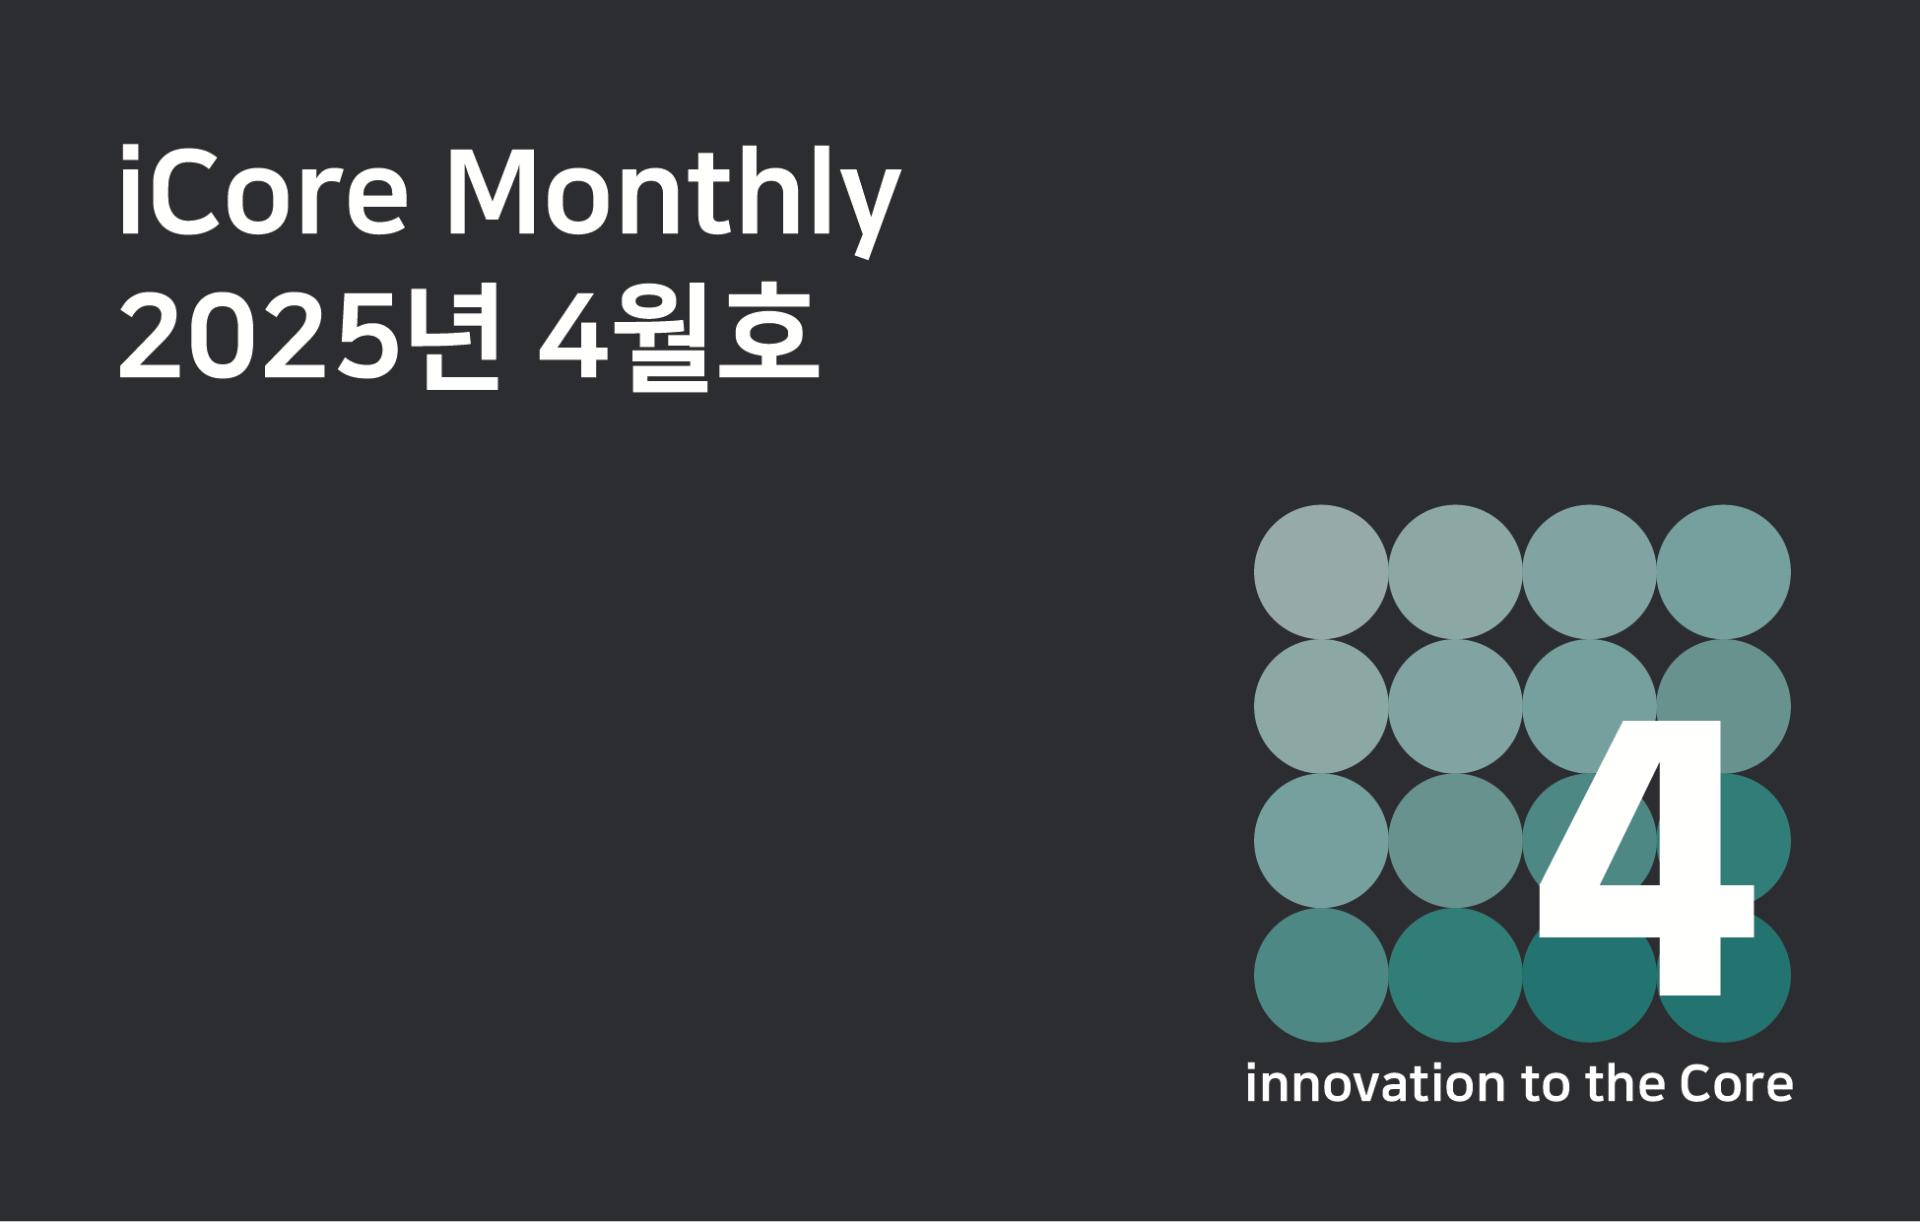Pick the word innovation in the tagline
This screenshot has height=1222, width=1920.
[x=1376, y=1083]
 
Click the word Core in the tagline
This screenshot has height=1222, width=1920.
[x=1736, y=1083]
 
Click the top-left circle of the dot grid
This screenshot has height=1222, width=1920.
[x=1321, y=572]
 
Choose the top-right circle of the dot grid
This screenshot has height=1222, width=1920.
[x=1723, y=572]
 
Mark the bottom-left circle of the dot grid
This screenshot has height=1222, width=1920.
[x=1321, y=975]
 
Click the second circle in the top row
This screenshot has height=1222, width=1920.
[x=1455, y=572]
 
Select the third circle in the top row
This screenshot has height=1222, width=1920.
[x=1589, y=572]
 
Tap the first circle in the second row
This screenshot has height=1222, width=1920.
[x=1321, y=706]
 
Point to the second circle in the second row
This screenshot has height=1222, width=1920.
[x=1455, y=706]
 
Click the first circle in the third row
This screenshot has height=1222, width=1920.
[x=1321, y=840]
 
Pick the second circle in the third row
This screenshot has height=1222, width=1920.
[x=1455, y=840]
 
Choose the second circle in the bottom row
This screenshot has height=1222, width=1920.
[x=1455, y=975]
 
